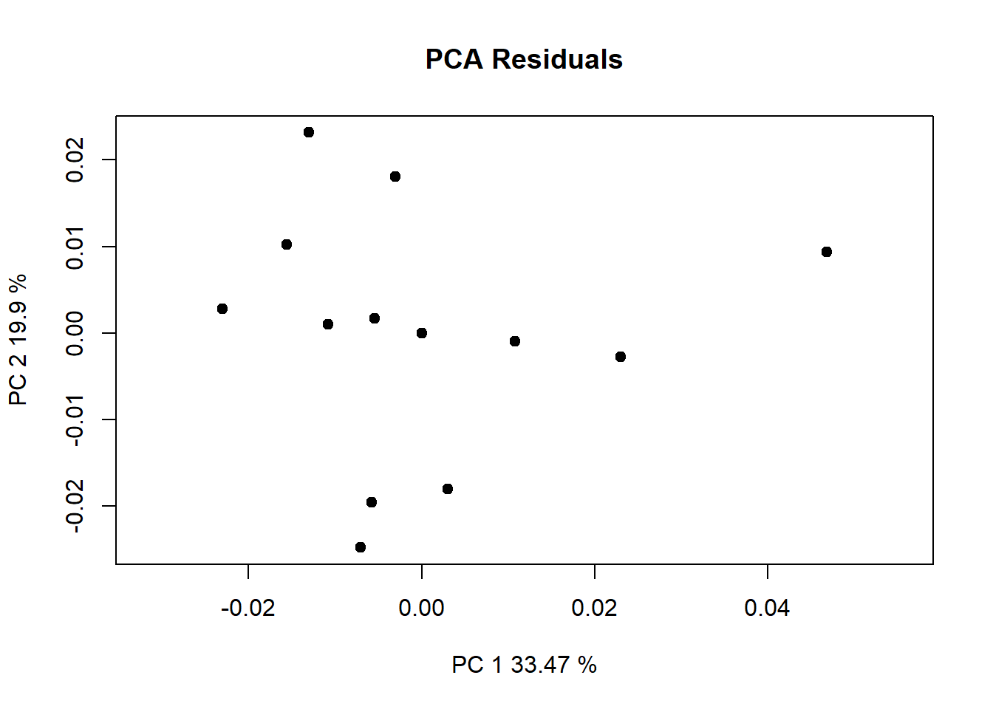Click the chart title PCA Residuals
[x=524, y=59]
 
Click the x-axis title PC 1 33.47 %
[x=524, y=665]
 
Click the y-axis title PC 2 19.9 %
[x=18, y=340]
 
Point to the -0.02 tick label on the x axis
[x=248, y=608]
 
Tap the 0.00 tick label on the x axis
[x=421, y=608]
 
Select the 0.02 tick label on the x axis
[x=594, y=608]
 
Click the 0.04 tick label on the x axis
[x=767, y=608]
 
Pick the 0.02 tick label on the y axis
[x=75, y=160]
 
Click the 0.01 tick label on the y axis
[x=75, y=246]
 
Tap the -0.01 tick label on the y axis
[x=75, y=419]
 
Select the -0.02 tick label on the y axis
[x=75, y=506]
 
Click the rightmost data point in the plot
[x=827, y=252]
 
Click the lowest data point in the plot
[x=361, y=547]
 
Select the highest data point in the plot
[x=309, y=132]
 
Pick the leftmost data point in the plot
[x=222, y=309]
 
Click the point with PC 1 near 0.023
[x=621, y=357]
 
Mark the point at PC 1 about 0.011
[x=515, y=341]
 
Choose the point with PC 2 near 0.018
[x=395, y=177]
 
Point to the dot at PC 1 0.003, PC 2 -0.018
[x=448, y=489]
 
